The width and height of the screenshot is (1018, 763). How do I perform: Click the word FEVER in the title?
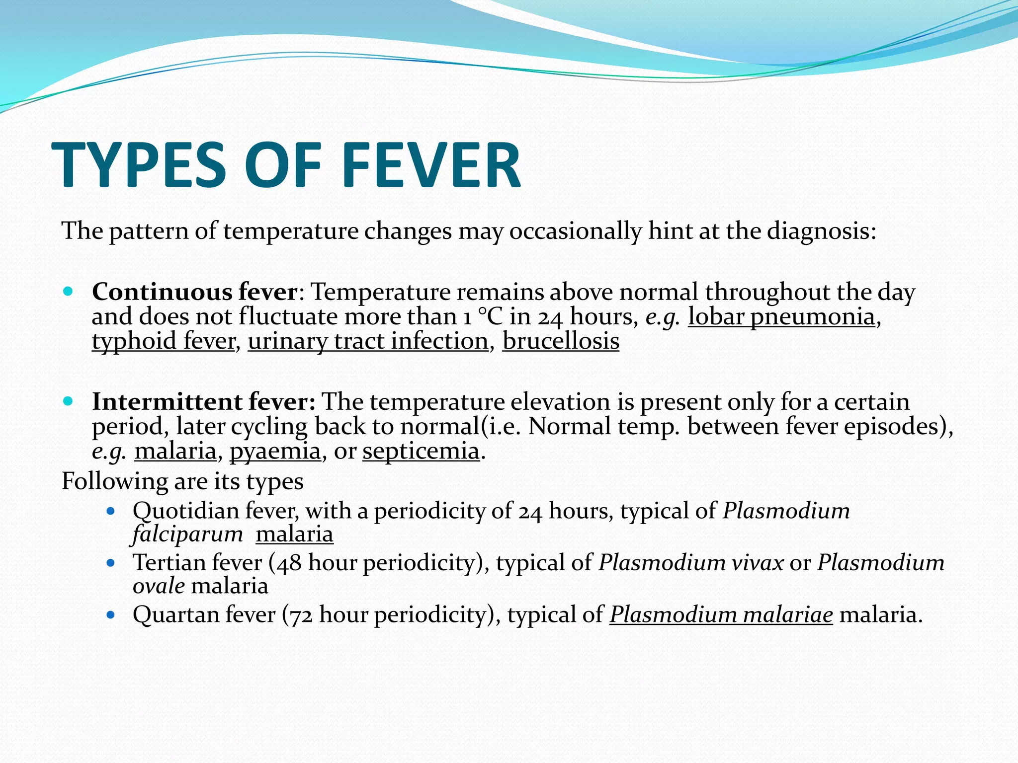click(x=431, y=165)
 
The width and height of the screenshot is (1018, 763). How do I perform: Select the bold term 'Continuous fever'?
click(x=194, y=292)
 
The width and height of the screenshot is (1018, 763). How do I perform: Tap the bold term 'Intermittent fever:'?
click(x=204, y=401)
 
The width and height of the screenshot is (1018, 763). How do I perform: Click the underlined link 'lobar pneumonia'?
click(x=781, y=316)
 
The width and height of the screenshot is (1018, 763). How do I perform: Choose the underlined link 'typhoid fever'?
click(x=164, y=341)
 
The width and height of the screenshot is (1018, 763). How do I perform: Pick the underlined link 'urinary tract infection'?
click(x=368, y=341)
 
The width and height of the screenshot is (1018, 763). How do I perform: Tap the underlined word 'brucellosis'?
click(x=561, y=341)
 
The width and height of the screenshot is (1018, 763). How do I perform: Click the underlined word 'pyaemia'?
click(x=275, y=451)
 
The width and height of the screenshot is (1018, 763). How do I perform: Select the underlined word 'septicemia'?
click(x=421, y=451)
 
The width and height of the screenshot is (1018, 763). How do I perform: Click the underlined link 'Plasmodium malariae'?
click(x=721, y=614)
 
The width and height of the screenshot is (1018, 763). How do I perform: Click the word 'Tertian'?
click(x=169, y=563)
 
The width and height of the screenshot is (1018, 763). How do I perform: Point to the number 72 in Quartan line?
click(x=301, y=615)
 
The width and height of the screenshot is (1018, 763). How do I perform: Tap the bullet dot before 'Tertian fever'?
click(x=111, y=563)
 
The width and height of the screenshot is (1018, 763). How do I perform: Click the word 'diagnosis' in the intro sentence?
click(x=820, y=231)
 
